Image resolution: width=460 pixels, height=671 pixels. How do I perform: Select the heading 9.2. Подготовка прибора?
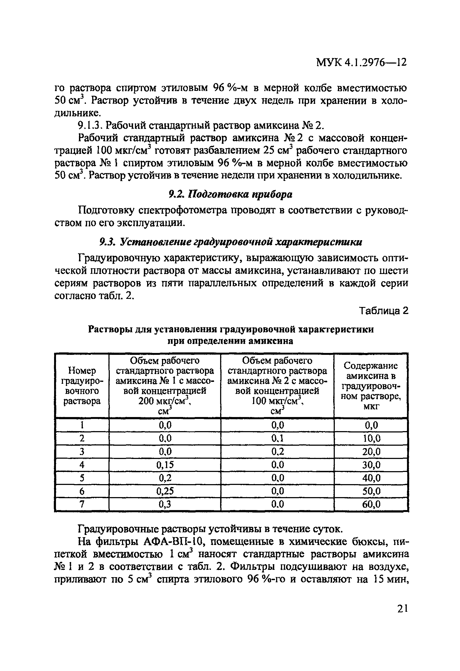[230, 195]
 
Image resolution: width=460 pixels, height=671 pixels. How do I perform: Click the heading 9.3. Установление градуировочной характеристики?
[230, 242]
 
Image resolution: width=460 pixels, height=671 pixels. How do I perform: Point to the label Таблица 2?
[383, 311]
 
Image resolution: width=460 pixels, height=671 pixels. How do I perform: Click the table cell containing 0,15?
[165, 465]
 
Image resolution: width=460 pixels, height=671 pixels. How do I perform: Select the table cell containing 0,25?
[165, 491]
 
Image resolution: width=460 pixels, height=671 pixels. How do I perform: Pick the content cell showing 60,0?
[371, 504]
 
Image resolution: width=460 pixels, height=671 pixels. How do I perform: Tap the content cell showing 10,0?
[371, 439]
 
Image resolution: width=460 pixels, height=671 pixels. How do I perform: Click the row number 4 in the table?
[82, 465]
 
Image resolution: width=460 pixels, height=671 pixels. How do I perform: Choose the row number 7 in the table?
[82, 504]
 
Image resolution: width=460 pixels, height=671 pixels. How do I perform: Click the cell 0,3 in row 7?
[165, 504]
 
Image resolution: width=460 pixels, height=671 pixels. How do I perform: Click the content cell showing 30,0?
[371, 465]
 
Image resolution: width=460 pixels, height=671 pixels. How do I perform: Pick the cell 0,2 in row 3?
[277, 452]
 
